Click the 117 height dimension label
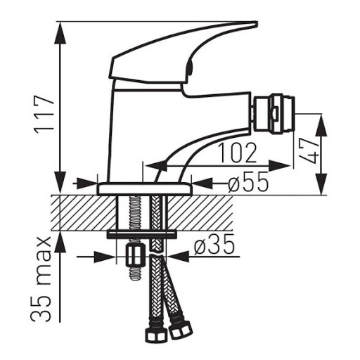click(45, 115)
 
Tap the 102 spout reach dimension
click(237, 153)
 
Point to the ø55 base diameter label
click(247, 181)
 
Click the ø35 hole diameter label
click(214, 245)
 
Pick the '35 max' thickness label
click(41, 279)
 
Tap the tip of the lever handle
click(257, 22)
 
